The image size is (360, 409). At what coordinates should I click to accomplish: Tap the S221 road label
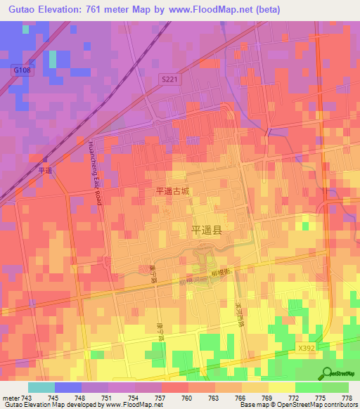169,79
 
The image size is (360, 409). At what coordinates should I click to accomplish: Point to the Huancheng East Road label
94,172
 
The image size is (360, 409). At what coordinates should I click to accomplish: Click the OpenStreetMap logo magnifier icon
326,372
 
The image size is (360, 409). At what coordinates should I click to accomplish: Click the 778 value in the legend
347,399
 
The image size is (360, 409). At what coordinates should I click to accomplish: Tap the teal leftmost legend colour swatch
41,387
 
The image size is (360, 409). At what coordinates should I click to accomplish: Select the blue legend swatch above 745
67,387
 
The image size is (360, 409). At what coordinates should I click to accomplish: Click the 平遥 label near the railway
46,170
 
